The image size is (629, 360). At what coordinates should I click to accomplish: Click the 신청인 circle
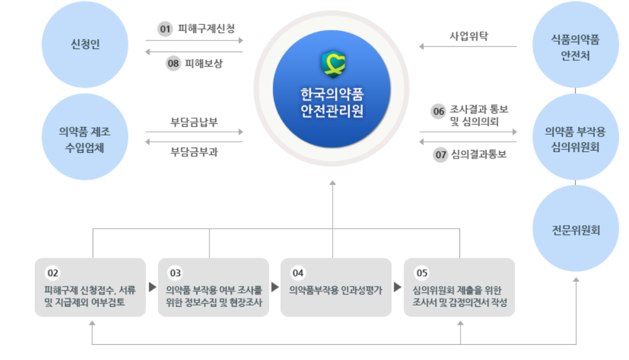[x=85, y=45]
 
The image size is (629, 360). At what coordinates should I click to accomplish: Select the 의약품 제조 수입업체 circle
[x=84, y=139]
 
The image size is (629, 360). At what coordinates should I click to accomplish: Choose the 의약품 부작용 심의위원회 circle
[x=575, y=139]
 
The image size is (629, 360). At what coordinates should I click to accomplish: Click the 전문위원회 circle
[x=575, y=230]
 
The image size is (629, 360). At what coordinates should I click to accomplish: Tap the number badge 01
[x=165, y=28]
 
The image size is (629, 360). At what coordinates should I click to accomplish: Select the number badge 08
[x=174, y=64]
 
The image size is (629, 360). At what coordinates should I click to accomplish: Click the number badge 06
[x=439, y=111]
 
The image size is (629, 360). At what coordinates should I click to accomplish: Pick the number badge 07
[x=441, y=155]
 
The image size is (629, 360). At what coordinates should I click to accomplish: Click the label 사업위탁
[x=469, y=36]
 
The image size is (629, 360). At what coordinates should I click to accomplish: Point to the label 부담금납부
[x=194, y=122]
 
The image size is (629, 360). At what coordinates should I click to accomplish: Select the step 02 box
[x=90, y=287]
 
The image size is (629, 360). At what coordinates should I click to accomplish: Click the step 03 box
[x=213, y=287]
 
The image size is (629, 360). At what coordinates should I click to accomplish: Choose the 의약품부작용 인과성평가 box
[x=336, y=287]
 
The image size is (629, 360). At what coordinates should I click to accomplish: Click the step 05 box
[x=459, y=287]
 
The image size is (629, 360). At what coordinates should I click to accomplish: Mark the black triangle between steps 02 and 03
[x=152, y=286]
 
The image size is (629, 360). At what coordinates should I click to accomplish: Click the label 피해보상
[x=204, y=64]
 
